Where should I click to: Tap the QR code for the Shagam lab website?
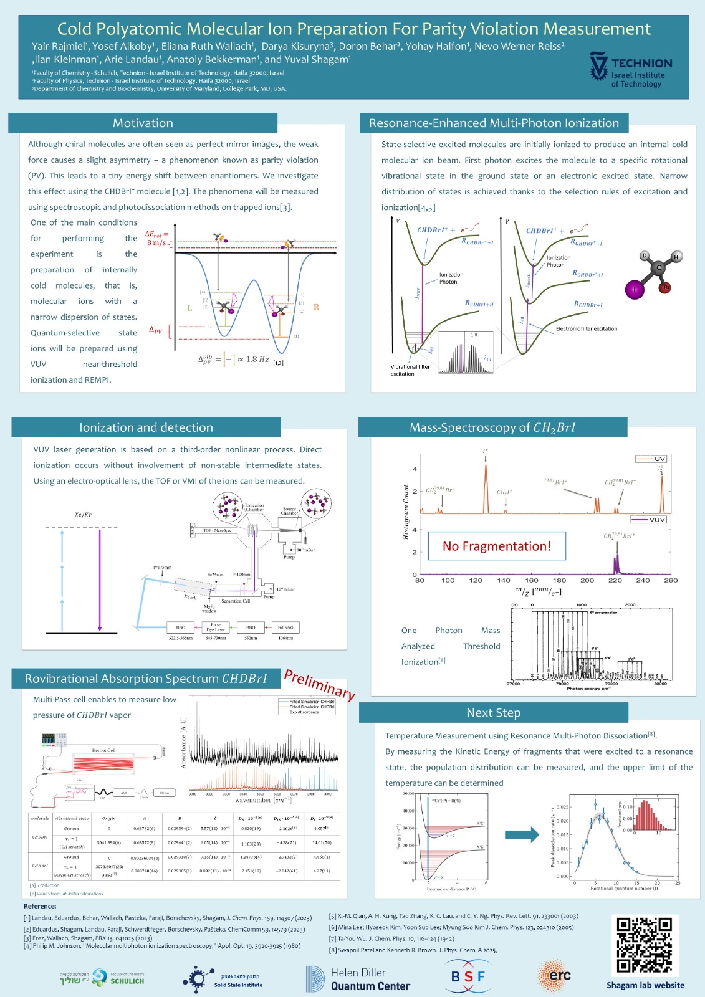pos(645,945)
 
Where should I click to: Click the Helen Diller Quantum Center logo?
pos(358,979)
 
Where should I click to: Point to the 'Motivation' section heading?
pos(143,123)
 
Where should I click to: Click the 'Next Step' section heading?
pos(493,713)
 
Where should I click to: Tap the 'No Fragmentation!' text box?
pos(497,546)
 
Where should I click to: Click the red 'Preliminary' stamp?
pos(320,684)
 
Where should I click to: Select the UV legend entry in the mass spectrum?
pos(651,459)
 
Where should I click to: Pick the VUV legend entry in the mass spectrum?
pos(649,519)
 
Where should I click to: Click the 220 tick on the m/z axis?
pos(615,580)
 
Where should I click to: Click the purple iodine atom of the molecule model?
pos(635,290)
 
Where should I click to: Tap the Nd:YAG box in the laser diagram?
pos(285,627)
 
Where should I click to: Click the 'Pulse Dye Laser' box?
pos(216,627)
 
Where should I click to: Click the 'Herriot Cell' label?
pos(103,750)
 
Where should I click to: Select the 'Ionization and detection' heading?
pos(146,428)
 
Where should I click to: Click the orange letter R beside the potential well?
pos(316,307)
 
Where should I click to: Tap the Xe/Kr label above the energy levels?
pos(83,515)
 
